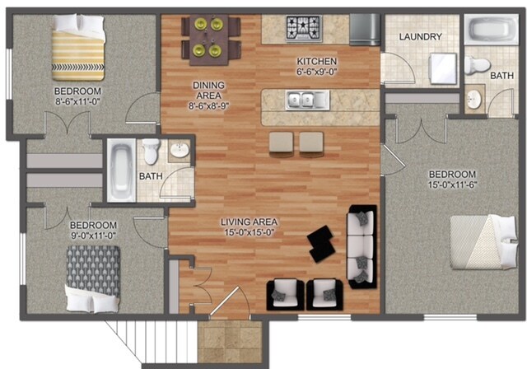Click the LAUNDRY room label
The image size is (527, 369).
tap(421, 37)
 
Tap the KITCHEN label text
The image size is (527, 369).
tap(316, 61)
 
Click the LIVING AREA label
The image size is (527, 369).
tap(248, 222)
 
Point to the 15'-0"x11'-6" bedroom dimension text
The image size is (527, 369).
tap(452, 185)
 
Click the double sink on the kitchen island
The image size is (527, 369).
tap(303, 101)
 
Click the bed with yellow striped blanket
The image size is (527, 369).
tap(78, 51)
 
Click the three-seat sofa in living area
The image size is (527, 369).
tap(361, 246)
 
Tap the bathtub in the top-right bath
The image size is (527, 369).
tap(492, 31)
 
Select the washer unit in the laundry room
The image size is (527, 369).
tap(443, 68)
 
